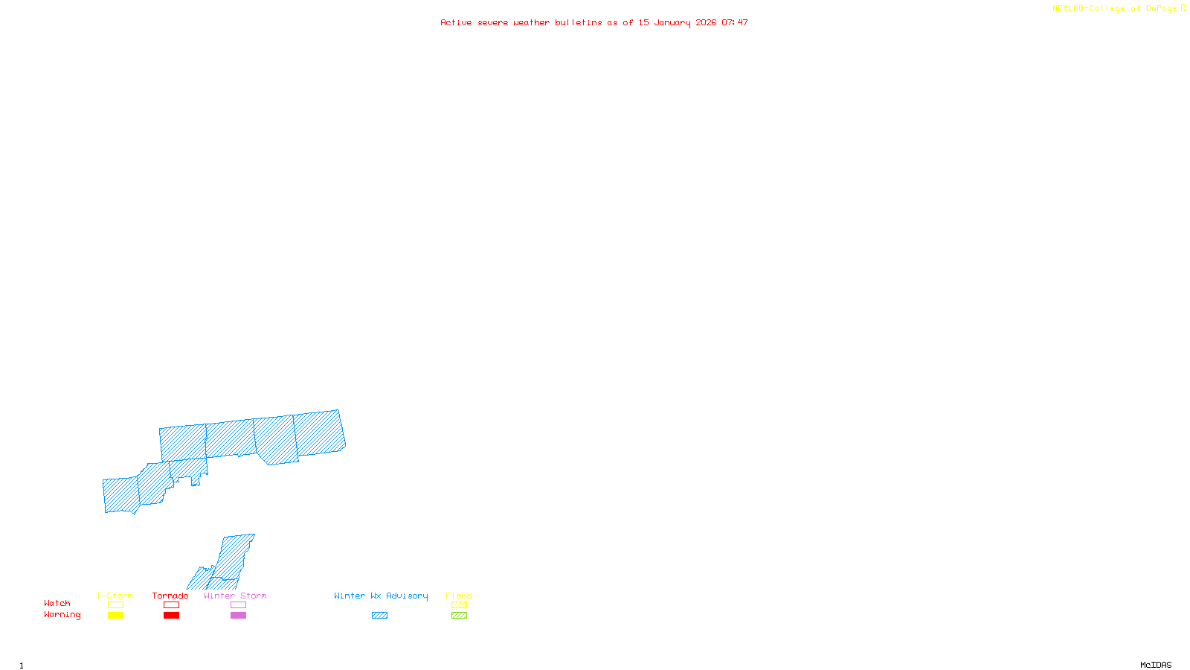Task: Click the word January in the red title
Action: click(672, 22)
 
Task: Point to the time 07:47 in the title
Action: click(734, 22)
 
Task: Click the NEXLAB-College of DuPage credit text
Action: click(1115, 8)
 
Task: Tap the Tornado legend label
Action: click(170, 596)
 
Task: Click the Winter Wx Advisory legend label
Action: click(381, 596)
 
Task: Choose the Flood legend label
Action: click(459, 596)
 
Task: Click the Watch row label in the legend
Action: click(57, 603)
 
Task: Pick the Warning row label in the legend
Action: click(62, 615)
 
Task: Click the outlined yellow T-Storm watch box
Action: click(115, 605)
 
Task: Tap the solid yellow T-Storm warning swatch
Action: click(115, 616)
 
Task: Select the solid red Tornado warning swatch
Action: click(171, 616)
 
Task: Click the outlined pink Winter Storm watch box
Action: click(238, 605)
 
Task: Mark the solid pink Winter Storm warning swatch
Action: click(238, 616)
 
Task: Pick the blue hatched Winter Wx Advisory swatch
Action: click(379, 616)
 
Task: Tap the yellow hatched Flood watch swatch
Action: click(459, 605)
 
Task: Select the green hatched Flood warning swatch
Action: click(459, 616)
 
